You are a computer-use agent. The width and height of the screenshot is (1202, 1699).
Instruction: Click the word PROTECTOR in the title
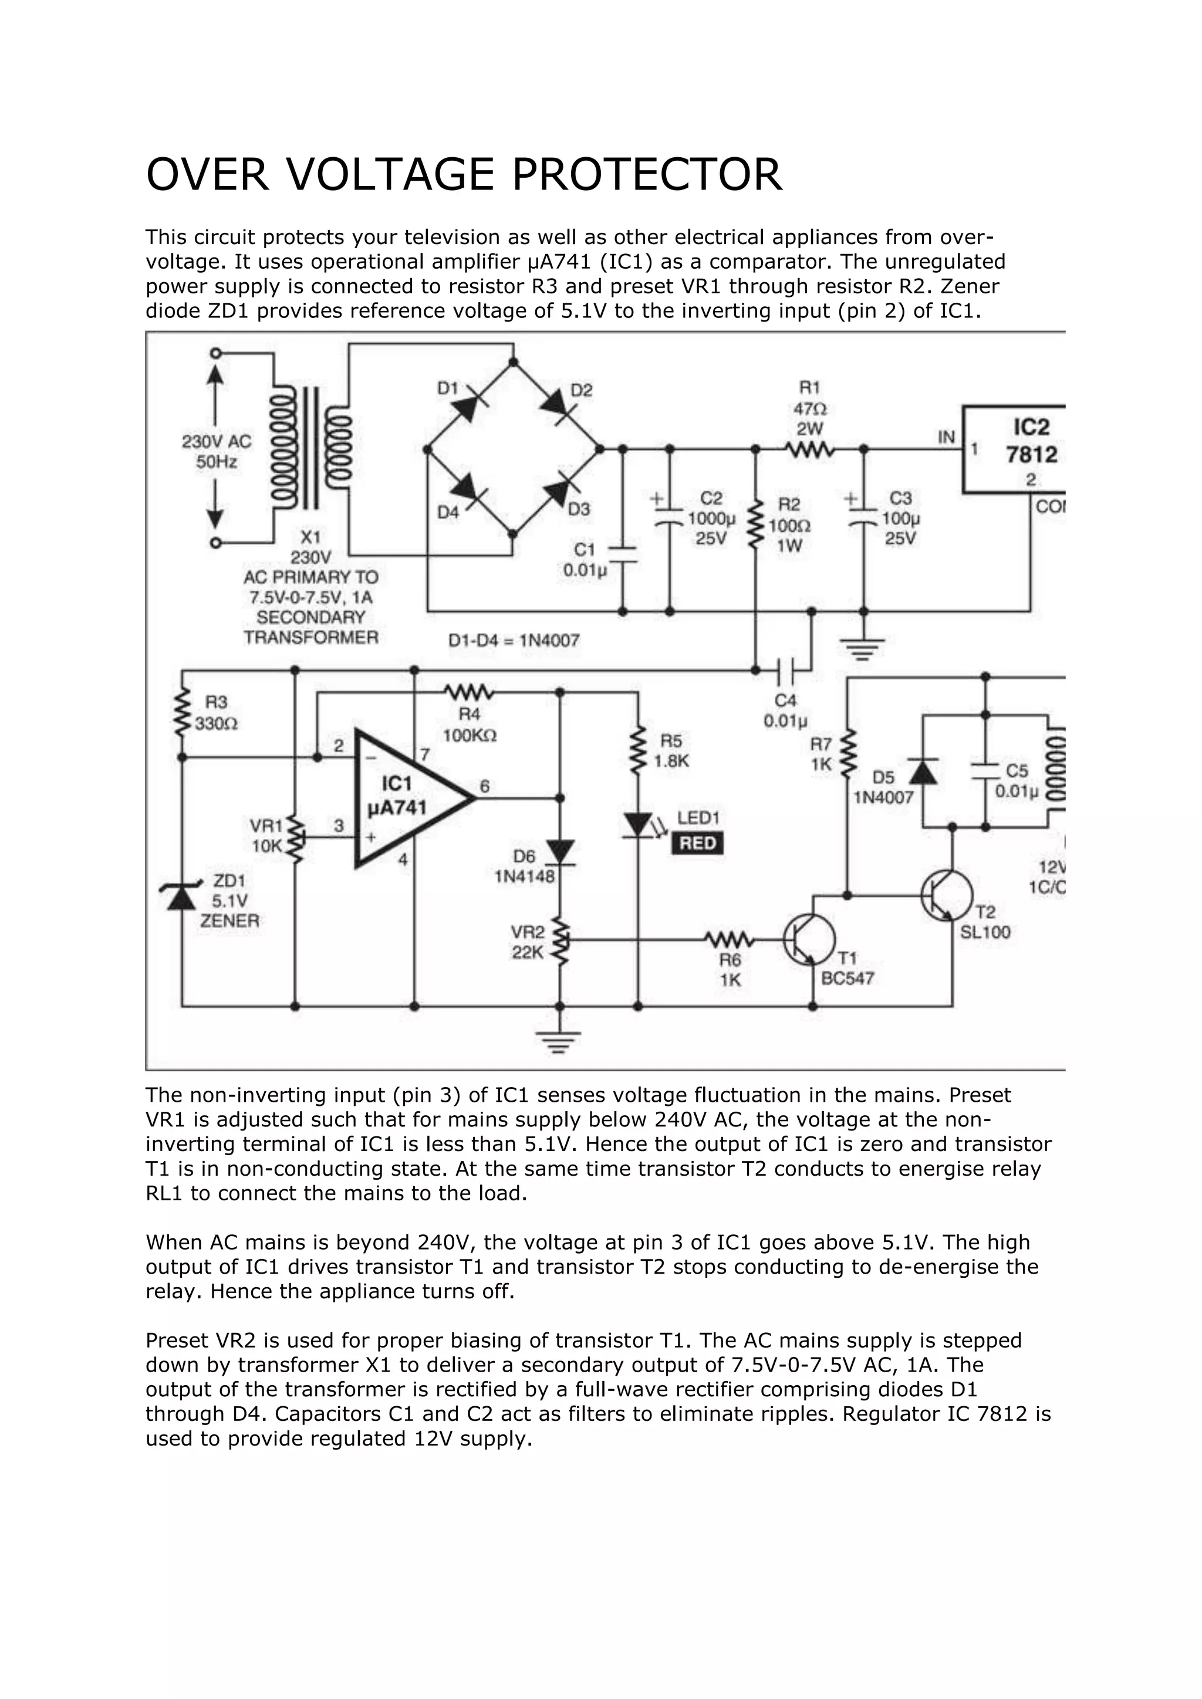pos(646,175)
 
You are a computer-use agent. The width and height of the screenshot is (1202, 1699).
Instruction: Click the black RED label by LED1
pos(697,844)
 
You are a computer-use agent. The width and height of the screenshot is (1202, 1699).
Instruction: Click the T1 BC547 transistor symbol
pos(810,940)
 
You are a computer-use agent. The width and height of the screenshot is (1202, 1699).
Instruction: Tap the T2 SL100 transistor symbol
pos(946,895)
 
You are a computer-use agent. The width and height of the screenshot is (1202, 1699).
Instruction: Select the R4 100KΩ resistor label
pos(470,725)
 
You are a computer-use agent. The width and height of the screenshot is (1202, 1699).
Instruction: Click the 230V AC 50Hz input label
pos(217,451)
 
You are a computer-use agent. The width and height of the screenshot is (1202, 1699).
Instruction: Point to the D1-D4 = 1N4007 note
pos(514,640)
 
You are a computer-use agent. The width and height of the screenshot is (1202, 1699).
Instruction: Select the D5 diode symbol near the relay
pos(922,771)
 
